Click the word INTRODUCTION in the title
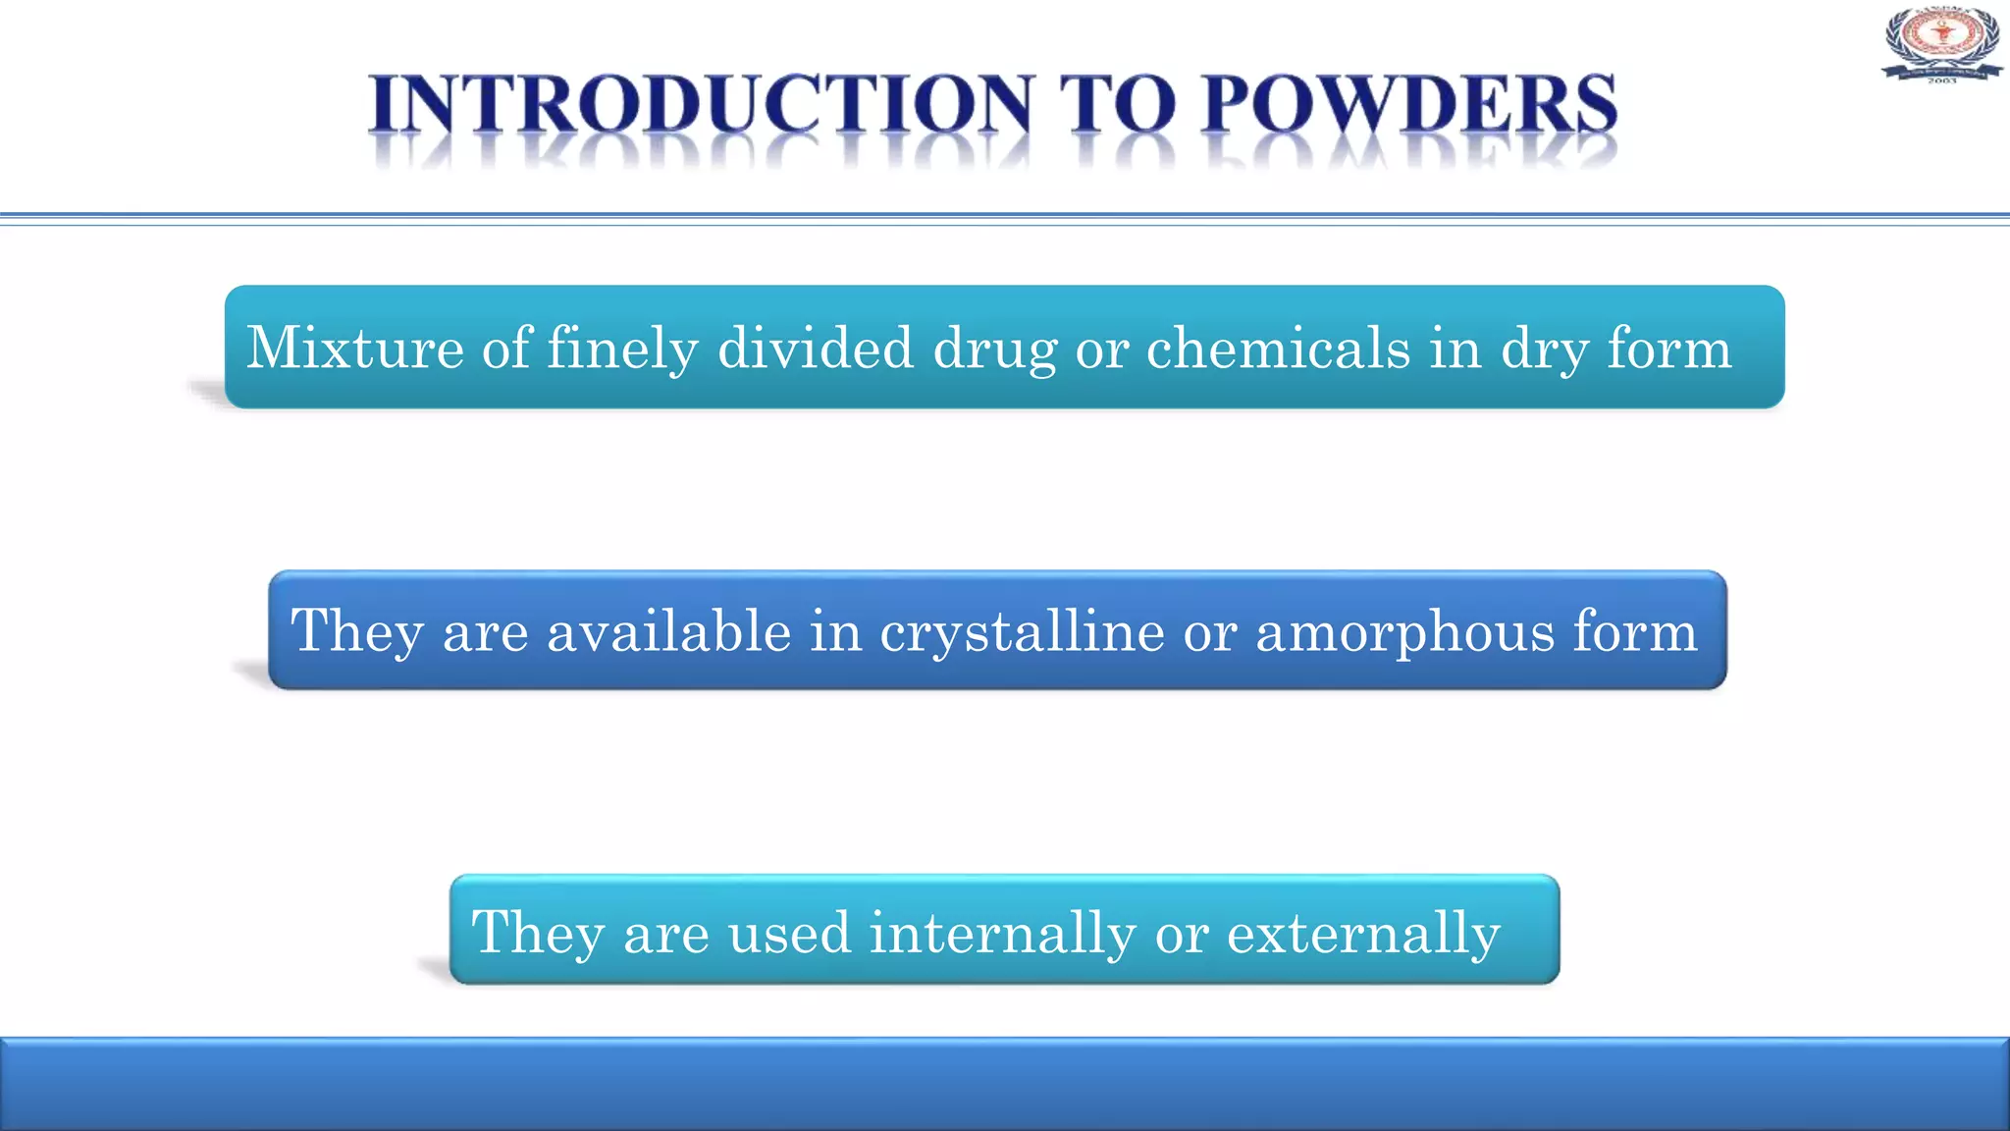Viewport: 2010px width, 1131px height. pyautogui.click(x=701, y=104)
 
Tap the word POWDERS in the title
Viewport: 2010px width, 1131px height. pyautogui.click(x=1408, y=104)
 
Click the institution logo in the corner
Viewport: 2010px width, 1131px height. pyautogui.click(x=1941, y=44)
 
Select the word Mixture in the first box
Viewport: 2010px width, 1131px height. pyautogui.click(x=354, y=348)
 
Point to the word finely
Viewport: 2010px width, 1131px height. pyautogui.click(x=622, y=350)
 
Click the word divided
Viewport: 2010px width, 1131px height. pyautogui.click(x=816, y=348)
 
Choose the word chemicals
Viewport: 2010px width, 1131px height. pyautogui.click(x=1278, y=348)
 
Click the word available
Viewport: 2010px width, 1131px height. pyautogui.click(x=668, y=630)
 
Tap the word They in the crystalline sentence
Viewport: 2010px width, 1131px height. pyautogui.click(x=357, y=631)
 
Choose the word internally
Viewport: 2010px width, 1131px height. pyautogui.click(x=1003, y=934)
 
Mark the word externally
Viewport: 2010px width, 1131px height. pyautogui.click(x=1363, y=934)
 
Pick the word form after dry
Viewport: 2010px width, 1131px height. pyautogui.click(x=1668, y=348)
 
